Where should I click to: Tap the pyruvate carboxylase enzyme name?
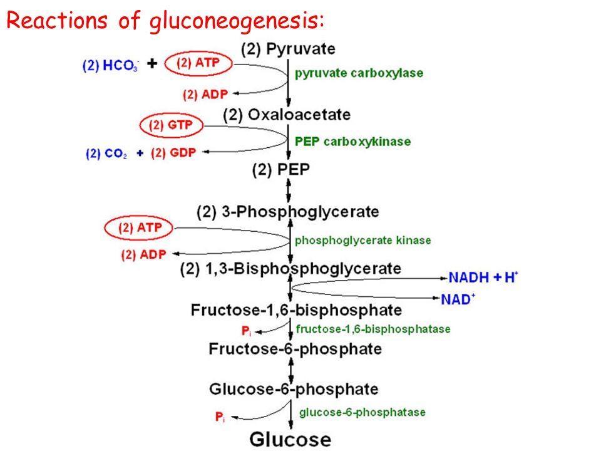[x=359, y=73]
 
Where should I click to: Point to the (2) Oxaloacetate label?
[x=287, y=115]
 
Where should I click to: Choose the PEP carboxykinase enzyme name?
[x=352, y=142]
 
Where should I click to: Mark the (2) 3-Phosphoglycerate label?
[x=287, y=211]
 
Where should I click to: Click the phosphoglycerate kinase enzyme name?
[x=362, y=239]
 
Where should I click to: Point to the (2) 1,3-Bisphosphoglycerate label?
[x=290, y=269]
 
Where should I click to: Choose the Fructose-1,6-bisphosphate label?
[x=297, y=309]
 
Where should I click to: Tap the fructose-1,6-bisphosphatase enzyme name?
[x=372, y=328]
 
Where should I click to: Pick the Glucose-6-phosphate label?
[x=293, y=388]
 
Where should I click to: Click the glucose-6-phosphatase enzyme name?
[x=362, y=412]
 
